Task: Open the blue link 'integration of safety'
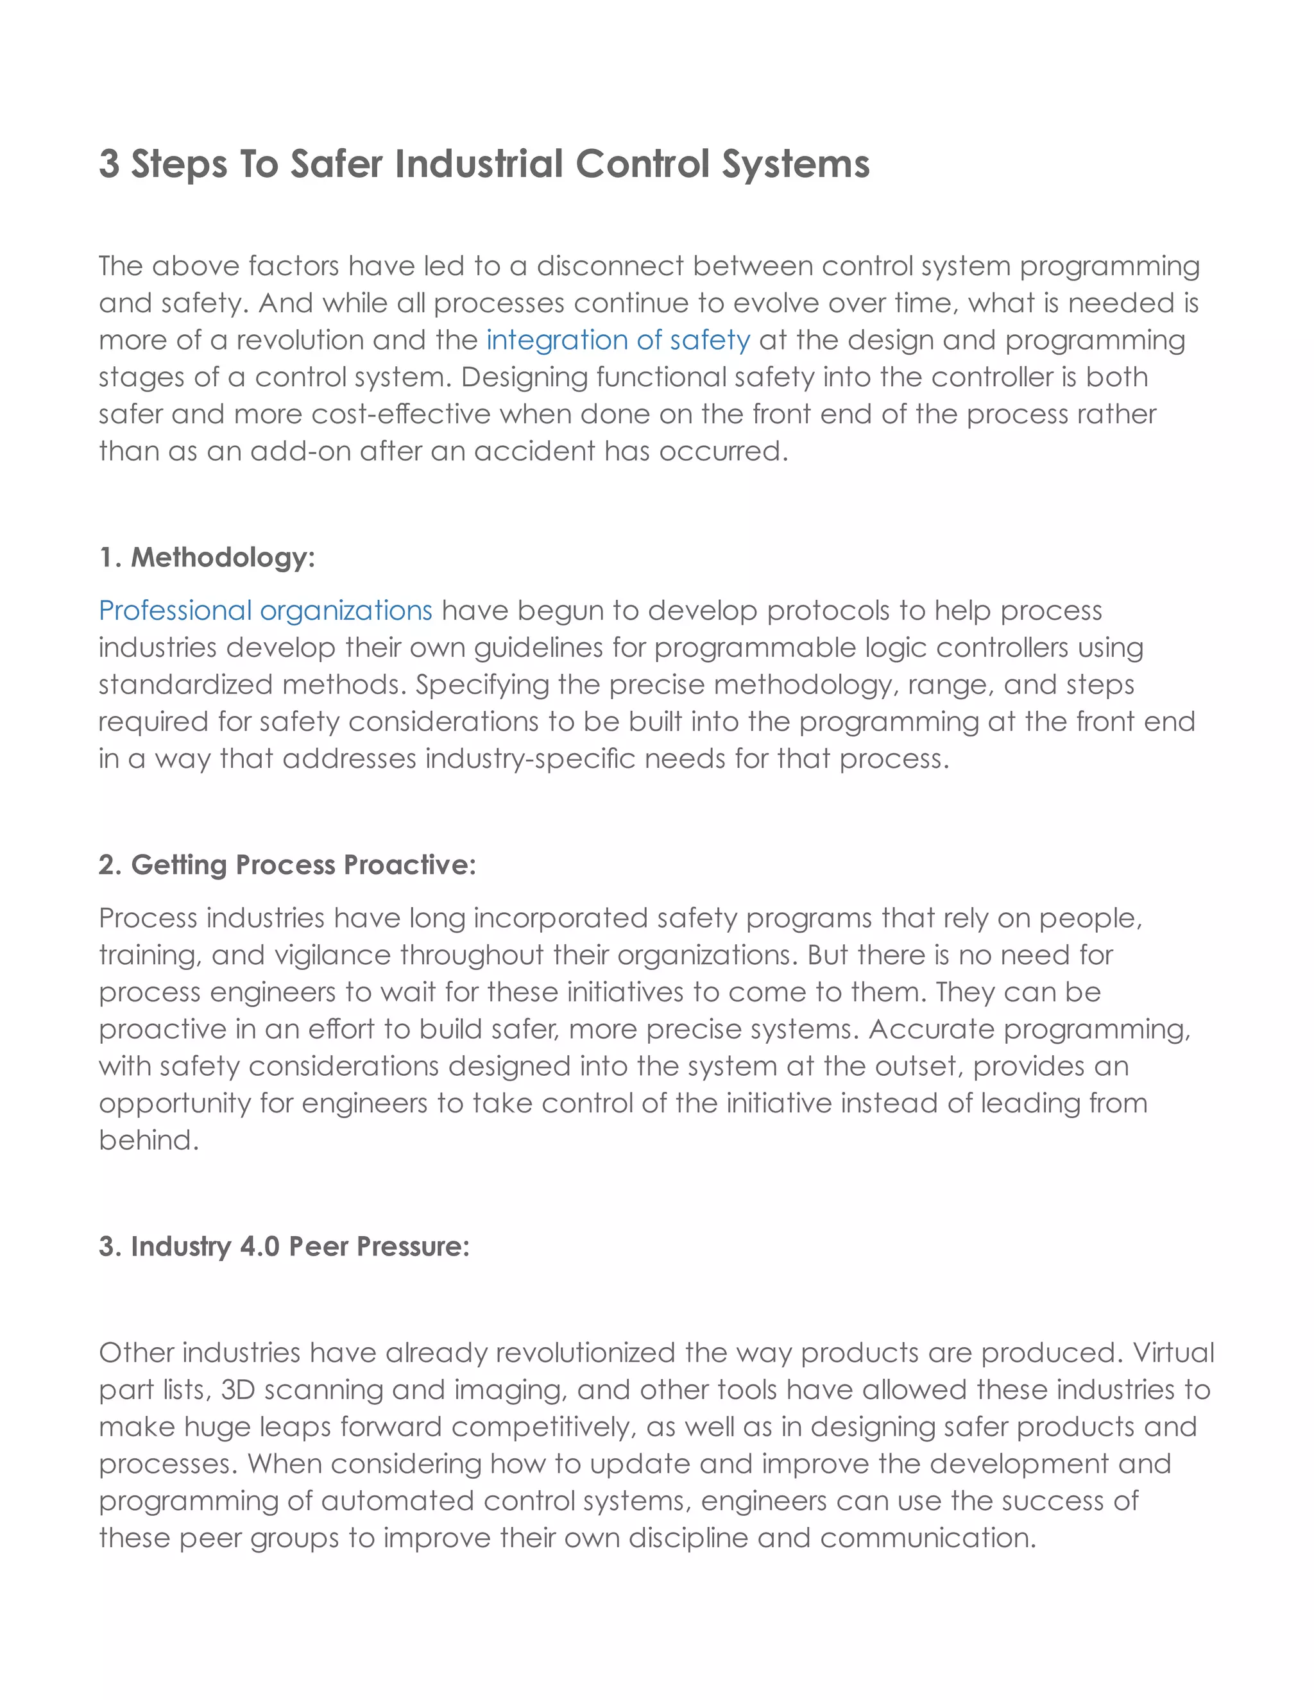pyautogui.click(x=618, y=340)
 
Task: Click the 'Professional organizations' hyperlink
pyautogui.click(x=265, y=610)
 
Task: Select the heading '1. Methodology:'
pyautogui.click(x=207, y=557)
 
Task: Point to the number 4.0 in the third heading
pyautogui.click(x=259, y=1246)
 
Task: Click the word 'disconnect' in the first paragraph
pyautogui.click(x=610, y=266)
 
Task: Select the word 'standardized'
pyautogui.click(x=185, y=685)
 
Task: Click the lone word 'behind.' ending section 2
pyautogui.click(x=149, y=1141)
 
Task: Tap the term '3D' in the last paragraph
pyautogui.click(x=238, y=1390)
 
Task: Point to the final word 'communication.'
pyautogui.click(x=928, y=1538)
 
